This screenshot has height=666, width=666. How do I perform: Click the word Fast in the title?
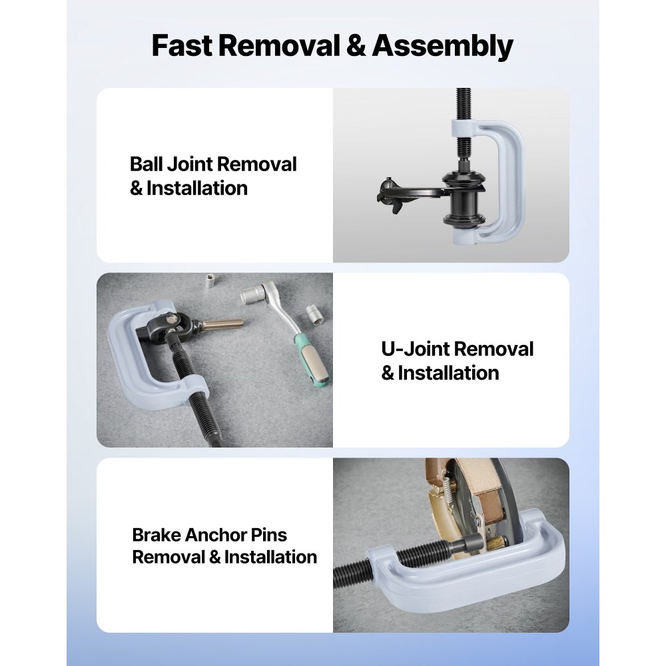click(x=181, y=47)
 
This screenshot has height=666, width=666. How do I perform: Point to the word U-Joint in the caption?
click(x=418, y=349)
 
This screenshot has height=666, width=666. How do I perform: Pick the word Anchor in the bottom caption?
click(x=219, y=535)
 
